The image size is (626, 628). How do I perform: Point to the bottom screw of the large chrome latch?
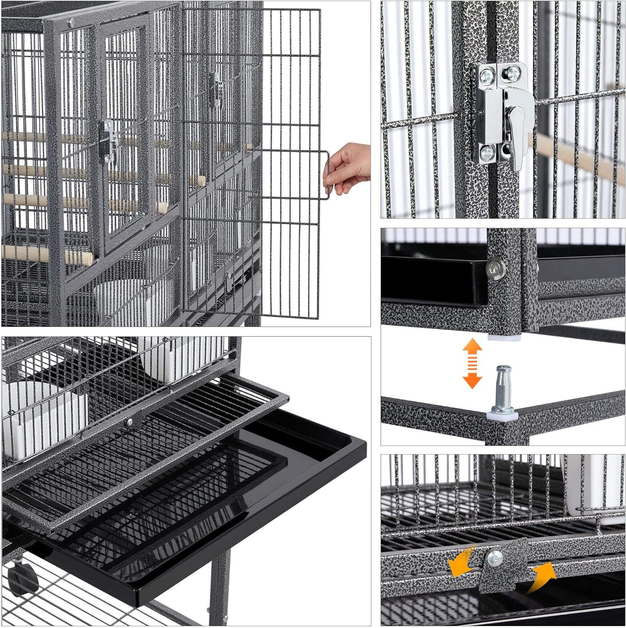(487, 153)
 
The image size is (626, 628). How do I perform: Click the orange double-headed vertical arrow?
(472, 363)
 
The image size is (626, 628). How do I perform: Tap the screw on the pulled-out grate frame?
(129, 422)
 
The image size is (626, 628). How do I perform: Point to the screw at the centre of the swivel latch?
(495, 557)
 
